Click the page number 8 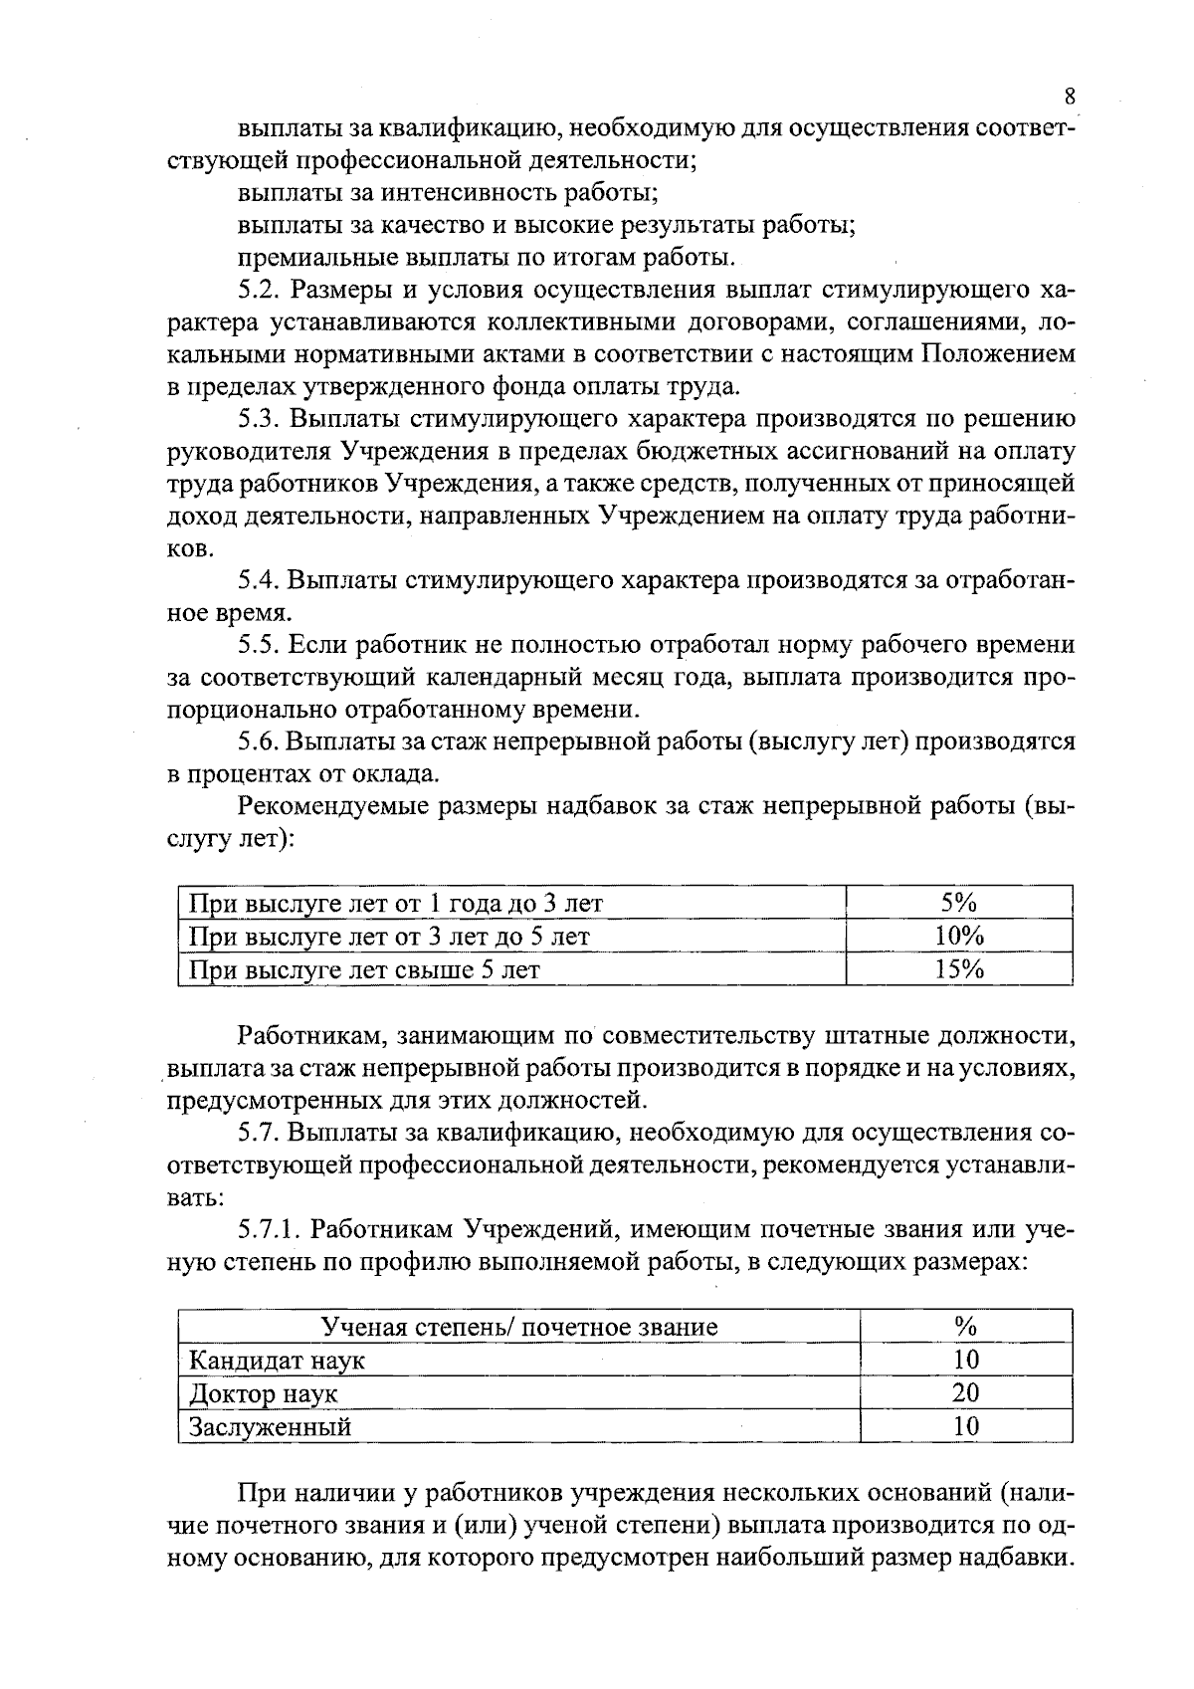[x=1070, y=97]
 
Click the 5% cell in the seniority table [x=958, y=903]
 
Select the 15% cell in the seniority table [x=958, y=969]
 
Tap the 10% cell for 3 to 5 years [x=958, y=937]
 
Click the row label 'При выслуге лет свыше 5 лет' [x=364, y=969]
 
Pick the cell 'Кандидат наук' [x=277, y=1360]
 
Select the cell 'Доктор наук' [x=263, y=1393]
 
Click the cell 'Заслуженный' [x=270, y=1426]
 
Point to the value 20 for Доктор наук [x=965, y=1393]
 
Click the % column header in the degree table [x=965, y=1326]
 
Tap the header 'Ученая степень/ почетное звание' [x=518, y=1327]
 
